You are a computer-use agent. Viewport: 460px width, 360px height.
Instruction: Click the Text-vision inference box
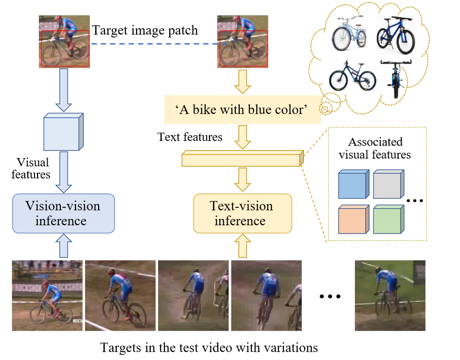pos(242,213)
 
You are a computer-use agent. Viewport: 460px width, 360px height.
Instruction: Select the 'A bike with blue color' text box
pos(242,109)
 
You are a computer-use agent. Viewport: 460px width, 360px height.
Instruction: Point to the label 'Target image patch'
pos(145,30)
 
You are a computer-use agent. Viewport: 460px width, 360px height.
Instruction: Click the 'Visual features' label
pos(33,168)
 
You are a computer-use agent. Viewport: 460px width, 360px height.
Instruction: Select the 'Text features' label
pos(190,137)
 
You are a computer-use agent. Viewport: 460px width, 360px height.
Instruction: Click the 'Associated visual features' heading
pos(375,148)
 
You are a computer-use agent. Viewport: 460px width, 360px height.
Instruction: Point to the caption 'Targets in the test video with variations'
pos(209,348)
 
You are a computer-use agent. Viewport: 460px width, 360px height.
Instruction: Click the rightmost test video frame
pos(390,295)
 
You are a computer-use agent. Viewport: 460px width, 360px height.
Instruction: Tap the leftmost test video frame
pos(47,295)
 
